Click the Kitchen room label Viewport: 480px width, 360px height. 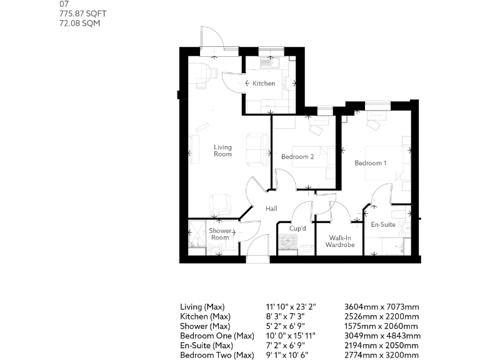(x=264, y=83)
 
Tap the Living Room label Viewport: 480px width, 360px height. (x=222, y=151)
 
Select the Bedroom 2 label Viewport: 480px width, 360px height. (x=297, y=157)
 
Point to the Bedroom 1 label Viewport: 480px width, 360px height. (x=371, y=163)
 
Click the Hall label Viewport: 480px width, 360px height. (x=271, y=209)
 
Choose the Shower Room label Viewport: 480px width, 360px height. (x=220, y=234)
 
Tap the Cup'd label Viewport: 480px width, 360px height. (x=297, y=228)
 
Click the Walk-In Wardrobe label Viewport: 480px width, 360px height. (x=340, y=241)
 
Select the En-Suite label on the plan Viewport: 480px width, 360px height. (x=383, y=224)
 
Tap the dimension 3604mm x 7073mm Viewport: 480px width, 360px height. (x=381, y=307)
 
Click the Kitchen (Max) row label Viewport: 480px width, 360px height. (x=201, y=317)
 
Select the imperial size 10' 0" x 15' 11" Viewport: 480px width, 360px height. (x=291, y=336)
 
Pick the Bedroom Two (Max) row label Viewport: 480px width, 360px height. (x=217, y=356)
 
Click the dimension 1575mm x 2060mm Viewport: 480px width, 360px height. (x=381, y=326)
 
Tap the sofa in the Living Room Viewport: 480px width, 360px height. (x=256, y=151)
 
